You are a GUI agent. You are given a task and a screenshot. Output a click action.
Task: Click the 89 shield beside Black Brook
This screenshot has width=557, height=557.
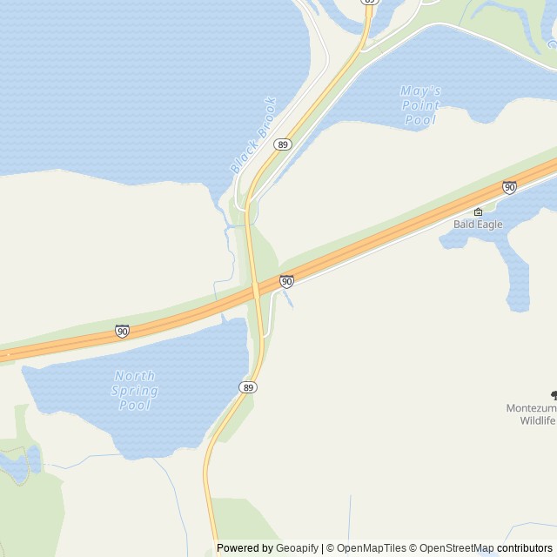point(282,144)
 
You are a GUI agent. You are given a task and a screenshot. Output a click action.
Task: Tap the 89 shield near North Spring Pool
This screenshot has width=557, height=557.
point(249,386)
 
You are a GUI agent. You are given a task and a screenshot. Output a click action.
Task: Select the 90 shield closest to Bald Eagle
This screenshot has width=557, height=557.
point(509,187)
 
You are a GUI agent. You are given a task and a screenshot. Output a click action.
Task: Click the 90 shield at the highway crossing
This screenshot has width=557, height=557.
point(286,281)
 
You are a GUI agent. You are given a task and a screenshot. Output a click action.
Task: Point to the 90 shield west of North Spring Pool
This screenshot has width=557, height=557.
point(122,332)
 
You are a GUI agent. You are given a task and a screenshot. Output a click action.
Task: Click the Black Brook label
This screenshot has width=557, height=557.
point(253,134)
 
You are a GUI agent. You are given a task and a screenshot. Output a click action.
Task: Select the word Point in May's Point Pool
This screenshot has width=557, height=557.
point(420,105)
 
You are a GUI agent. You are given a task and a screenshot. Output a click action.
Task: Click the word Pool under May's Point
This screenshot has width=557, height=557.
point(420,120)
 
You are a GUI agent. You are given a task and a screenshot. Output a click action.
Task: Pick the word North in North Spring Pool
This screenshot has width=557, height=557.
point(135,375)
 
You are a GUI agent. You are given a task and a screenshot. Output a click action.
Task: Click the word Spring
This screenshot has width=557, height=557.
point(135,390)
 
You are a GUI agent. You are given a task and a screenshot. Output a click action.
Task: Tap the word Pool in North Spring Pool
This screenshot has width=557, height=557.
point(135,405)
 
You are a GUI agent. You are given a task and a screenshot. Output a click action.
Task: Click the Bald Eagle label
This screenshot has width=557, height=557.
point(478,224)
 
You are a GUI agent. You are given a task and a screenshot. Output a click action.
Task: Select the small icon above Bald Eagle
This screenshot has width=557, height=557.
point(478,211)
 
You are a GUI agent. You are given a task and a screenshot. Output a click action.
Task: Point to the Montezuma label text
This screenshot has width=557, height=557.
point(531,407)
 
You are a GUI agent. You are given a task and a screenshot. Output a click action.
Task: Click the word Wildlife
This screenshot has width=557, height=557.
point(538,420)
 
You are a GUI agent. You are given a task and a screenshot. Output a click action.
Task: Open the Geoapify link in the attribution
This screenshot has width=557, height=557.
point(297,548)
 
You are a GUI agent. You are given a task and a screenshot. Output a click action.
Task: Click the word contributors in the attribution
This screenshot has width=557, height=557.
point(525,548)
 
